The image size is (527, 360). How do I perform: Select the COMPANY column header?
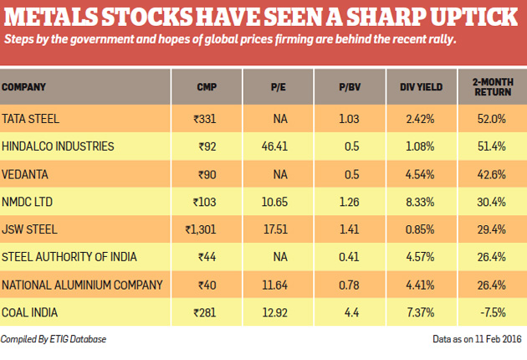point(24,86)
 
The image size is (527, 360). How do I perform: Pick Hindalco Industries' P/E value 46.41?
point(274,147)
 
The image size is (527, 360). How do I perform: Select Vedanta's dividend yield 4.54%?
point(416,174)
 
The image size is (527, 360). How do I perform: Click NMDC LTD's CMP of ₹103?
point(205,202)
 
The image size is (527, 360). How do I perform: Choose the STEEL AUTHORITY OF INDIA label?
point(69,257)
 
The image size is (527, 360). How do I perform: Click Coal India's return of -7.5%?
point(493,312)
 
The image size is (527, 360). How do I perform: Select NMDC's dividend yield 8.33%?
point(416,202)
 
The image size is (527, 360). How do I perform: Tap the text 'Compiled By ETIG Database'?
point(55,338)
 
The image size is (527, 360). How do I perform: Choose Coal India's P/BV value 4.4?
point(350,312)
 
